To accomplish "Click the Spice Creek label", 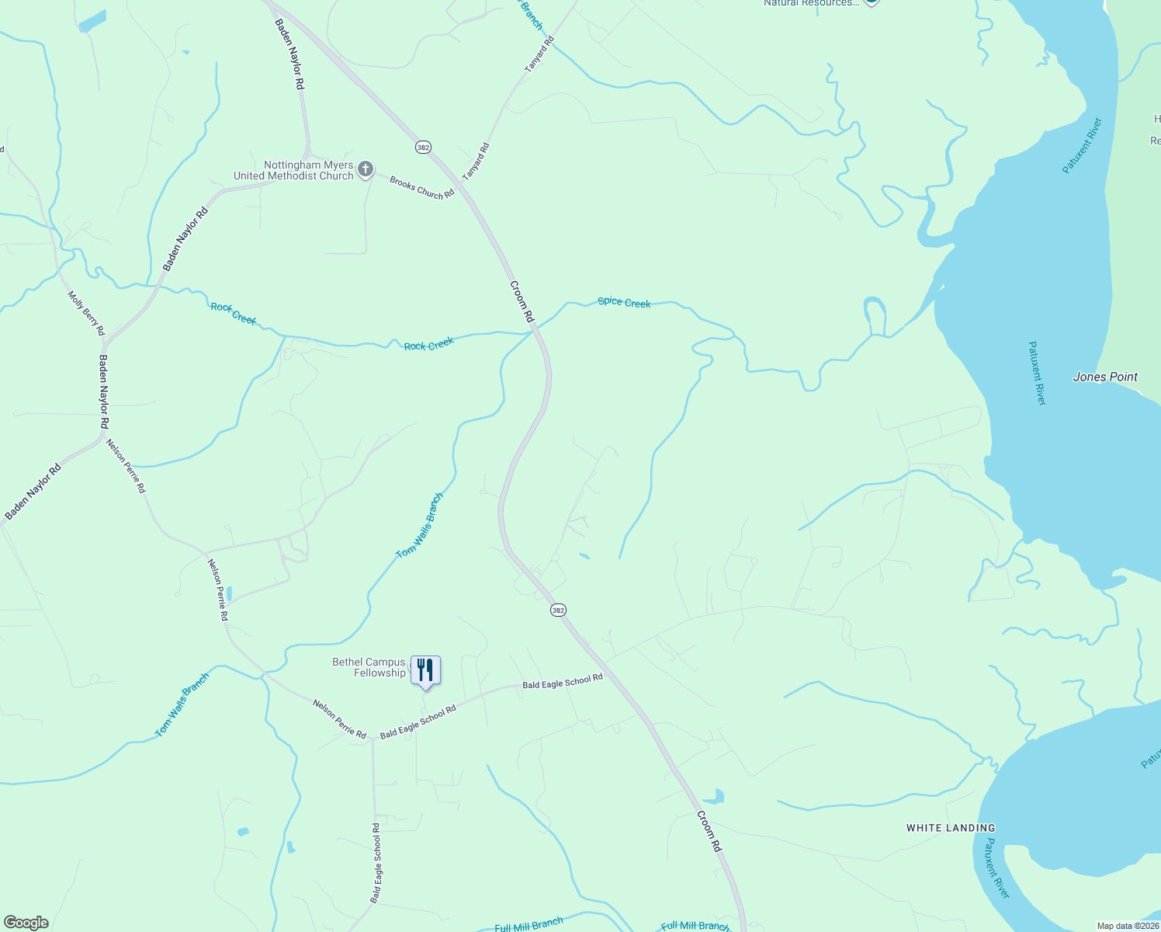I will pyautogui.click(x=624, y=302).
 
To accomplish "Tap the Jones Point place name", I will pyautogui.click(x=1104, y=377).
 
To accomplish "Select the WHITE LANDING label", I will pyautogui.click(x=950, y=828).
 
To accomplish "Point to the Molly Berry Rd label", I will pyautogui.click(x=85, y=313).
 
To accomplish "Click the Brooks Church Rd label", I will pyautogui.click(x=421, y=188).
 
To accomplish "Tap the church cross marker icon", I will pyautogui.click(x=365, y=169).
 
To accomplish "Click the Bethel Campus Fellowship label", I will pyautogui.click(x=369, y=668).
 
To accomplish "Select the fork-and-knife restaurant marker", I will pyautogui.click(x=425, y=670).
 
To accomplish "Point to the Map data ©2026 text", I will pyautogui.click(x=1127, y=926).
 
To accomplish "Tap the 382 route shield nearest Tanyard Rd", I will pyautogui.click(x=423, y=147).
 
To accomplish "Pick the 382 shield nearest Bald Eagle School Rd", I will pyautogui.click(x=558, y=610).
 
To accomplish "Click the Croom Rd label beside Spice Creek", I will pyautogui.click(x=522, y=301).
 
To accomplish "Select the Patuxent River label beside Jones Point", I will pyautogui.click(x=1037, y=373).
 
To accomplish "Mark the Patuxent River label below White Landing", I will pyautogui.click(x=996, y=868).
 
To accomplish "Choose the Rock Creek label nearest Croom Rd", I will pyautogui.click(x=428, y=344).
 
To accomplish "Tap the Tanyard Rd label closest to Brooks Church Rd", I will pyautogui.click(x=476, y=162).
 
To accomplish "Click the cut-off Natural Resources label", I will pyautogui.click(x=811, y=3).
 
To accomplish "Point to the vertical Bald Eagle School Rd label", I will pyautogui.click(x=376, y=863).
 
